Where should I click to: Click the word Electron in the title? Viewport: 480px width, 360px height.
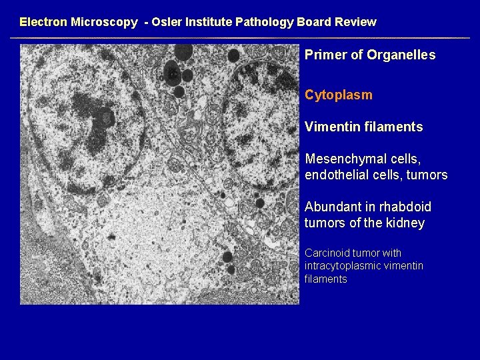[x=43, y=22]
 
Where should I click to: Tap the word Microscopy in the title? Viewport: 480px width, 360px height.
[x=104, y=22]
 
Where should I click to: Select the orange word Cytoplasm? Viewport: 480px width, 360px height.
[x=339, y=95]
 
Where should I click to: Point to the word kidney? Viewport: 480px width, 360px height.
[x=404, y=223]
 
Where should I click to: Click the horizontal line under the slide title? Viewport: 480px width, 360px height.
[x=240, y=37]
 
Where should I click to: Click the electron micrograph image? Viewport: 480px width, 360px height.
[x=160, y=174]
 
